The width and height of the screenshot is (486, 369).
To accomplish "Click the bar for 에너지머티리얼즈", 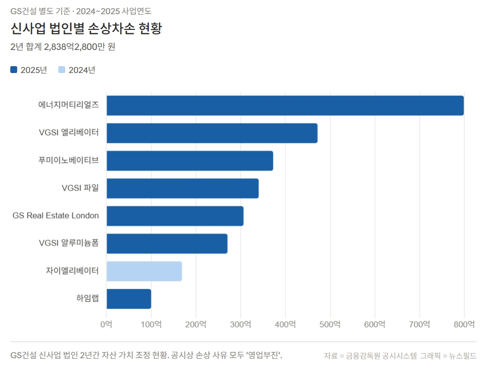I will coord(285,105).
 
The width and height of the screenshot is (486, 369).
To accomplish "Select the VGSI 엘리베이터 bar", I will coord(212,133).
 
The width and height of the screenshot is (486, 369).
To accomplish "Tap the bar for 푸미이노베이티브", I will coord(190,161).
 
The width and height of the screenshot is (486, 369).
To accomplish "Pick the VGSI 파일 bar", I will coord(182,189).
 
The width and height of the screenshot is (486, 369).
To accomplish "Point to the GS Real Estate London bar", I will coord(175,216).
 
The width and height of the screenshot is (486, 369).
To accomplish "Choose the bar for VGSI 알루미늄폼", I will coord(167,244).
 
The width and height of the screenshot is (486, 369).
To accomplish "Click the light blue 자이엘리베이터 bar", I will coord(144,271).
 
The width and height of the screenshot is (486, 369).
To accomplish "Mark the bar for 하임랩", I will coord(129,299).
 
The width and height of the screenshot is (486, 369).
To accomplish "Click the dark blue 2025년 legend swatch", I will coord(14,70).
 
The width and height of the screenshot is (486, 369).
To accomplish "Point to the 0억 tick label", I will coord(106,324).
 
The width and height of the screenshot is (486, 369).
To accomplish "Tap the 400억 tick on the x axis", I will coord(286,324).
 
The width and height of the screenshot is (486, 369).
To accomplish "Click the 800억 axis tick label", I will coord(464,324).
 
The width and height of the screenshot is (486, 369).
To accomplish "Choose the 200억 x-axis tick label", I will coord(196,324).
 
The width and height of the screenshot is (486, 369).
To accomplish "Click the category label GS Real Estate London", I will coord(56,216).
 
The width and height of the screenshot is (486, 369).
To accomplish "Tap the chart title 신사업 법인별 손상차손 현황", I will coord(86,28).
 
